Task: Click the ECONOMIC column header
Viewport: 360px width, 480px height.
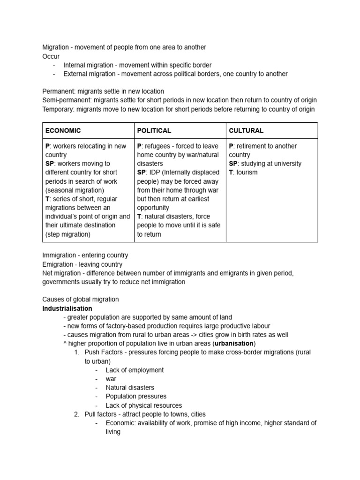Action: pos(63,131)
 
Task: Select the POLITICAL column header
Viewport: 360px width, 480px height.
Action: pos(154,131)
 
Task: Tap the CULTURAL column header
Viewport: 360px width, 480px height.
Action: pos(246,131)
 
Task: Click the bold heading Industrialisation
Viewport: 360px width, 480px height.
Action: pos(67,308)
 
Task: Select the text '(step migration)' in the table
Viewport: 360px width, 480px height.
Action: pos(68,234)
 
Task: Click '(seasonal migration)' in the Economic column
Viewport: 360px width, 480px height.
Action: pos(75,190)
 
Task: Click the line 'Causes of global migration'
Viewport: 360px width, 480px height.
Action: pos(80,299)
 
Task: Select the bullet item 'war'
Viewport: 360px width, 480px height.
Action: pos(111,379)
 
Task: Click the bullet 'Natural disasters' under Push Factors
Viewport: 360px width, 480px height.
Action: pos(130,388)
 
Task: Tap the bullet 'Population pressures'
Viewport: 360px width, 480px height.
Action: pos(136,397)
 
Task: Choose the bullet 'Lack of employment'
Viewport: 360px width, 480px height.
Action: pos(135,370)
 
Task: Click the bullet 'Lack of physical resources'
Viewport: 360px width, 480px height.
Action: pos(144,405)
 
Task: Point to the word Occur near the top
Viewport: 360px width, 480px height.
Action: pos(51,56)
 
